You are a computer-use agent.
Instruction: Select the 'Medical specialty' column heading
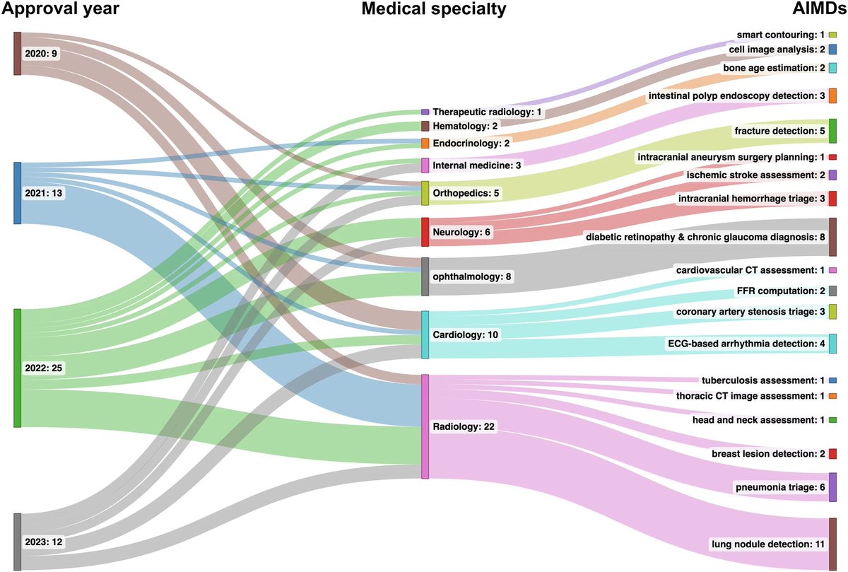(434, 10)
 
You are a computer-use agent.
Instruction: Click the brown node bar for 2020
(18, 53)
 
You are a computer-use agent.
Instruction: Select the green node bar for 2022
(18, 368)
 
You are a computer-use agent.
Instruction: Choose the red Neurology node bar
(425, 232)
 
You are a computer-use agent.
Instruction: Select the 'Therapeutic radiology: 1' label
(487, 112)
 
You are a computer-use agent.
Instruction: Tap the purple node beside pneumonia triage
(832, 487)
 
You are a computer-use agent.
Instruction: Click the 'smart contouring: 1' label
(780, 34)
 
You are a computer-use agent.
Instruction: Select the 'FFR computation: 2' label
(780, 291)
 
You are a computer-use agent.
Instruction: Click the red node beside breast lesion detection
(832, 453)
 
